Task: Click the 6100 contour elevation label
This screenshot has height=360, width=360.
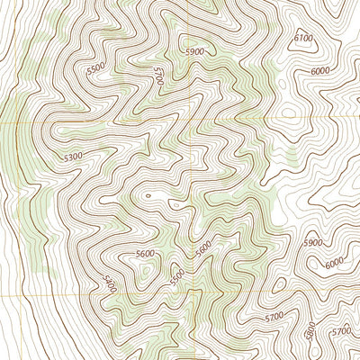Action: [303, 38]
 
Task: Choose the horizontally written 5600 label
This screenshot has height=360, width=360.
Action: [145, 255]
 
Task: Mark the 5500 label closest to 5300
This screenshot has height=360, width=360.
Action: [94, 68]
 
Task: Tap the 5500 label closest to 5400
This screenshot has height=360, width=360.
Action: [176, 273]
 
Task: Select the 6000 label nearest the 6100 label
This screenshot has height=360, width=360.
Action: [319, 72]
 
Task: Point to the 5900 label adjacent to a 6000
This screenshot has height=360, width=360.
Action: [312, 243]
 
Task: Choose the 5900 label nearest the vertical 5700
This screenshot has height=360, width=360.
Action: [194, 51]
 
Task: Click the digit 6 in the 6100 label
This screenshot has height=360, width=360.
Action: [296, 38]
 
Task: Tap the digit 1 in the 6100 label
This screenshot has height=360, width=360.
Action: [301, 38]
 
